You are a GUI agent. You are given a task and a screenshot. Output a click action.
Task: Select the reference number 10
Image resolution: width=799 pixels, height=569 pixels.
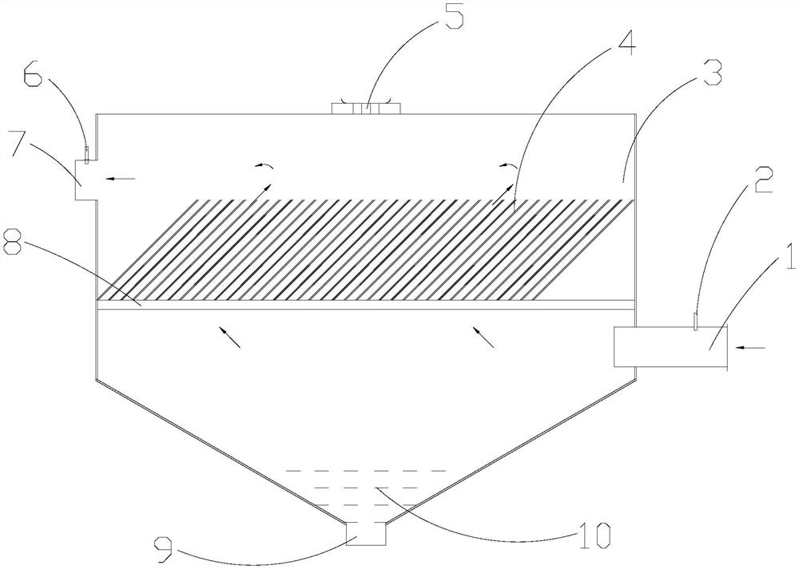coord(598,531)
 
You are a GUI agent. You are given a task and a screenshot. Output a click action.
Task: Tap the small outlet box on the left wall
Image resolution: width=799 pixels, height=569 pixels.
coord(86,180)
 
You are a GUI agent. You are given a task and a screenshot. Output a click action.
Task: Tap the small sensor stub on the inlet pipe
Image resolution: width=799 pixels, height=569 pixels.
coord(695,321)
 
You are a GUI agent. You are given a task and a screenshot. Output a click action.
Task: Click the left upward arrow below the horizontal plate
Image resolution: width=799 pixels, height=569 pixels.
coord(230,337)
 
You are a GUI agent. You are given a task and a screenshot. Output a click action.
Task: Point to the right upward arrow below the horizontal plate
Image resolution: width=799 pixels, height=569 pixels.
coord(485,337)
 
